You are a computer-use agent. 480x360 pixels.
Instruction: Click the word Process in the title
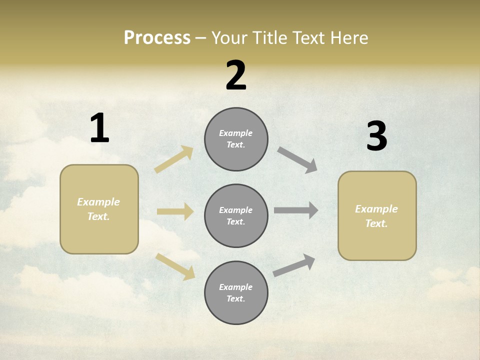[157, 38]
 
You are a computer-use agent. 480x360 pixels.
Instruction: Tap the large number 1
[99, 128]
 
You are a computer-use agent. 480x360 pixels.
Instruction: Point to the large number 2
[236, 75]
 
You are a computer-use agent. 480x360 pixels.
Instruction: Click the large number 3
[376, 136]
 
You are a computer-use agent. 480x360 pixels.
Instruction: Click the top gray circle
[236, 139]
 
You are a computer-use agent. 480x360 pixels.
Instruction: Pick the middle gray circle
[236, 215]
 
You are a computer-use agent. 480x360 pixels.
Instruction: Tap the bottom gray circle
[236, 292]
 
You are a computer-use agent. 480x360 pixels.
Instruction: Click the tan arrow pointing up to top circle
[174, 159]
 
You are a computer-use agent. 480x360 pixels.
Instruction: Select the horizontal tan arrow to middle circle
[175, 211]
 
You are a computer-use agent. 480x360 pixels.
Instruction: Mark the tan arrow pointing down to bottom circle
[175, 266]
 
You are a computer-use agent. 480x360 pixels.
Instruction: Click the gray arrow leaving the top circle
[297, 160]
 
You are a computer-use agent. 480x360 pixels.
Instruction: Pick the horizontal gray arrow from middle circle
[296, 210]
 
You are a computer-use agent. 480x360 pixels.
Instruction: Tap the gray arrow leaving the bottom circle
[294, 265]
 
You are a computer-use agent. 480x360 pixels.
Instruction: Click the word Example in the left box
[98, 202]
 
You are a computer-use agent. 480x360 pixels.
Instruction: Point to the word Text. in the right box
[376, 223]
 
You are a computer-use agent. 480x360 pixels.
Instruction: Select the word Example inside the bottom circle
[236, 287]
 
